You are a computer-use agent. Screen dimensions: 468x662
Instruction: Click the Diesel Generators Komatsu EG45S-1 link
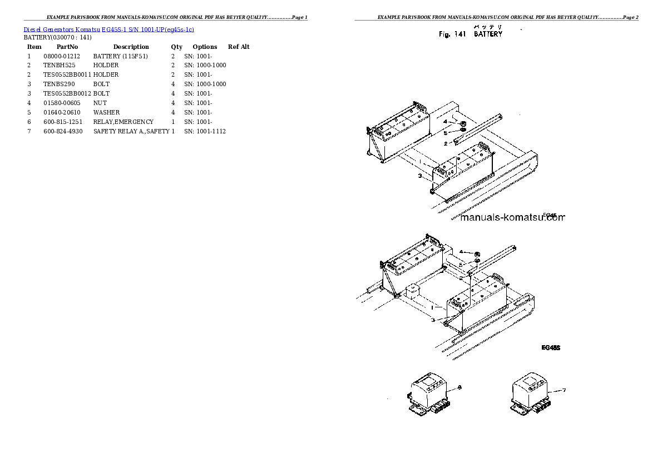(x=109, y=29)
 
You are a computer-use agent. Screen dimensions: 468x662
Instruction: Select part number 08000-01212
(x=62, y=56)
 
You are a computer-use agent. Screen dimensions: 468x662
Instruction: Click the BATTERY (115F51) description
(x=121, y=56)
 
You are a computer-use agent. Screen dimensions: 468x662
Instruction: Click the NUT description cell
(x=100, y=103)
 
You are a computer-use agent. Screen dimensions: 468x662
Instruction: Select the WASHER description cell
(x=106, y=112)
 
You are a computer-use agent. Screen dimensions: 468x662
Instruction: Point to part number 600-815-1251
(x=63, y=122)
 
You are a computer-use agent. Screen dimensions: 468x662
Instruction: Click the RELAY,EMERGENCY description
(x=123, y=122)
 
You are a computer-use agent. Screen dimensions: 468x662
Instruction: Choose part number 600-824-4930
(x=63, y=131)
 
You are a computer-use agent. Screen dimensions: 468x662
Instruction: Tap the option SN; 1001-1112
(x=205, y=131)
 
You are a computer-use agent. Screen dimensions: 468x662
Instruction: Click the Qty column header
(x=176, y=47)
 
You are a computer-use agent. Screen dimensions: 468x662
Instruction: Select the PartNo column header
(x=67, y=47)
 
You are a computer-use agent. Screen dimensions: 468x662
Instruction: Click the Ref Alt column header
(x=239, y=47)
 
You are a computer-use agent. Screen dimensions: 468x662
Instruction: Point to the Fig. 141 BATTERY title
(x=470, y=34)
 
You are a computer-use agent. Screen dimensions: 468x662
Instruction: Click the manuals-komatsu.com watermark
(x=512, y=218)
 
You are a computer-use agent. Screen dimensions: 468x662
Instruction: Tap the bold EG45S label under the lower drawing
(x=551, y=348)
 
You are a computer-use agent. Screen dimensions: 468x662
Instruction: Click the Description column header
(x=131, y=47)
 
